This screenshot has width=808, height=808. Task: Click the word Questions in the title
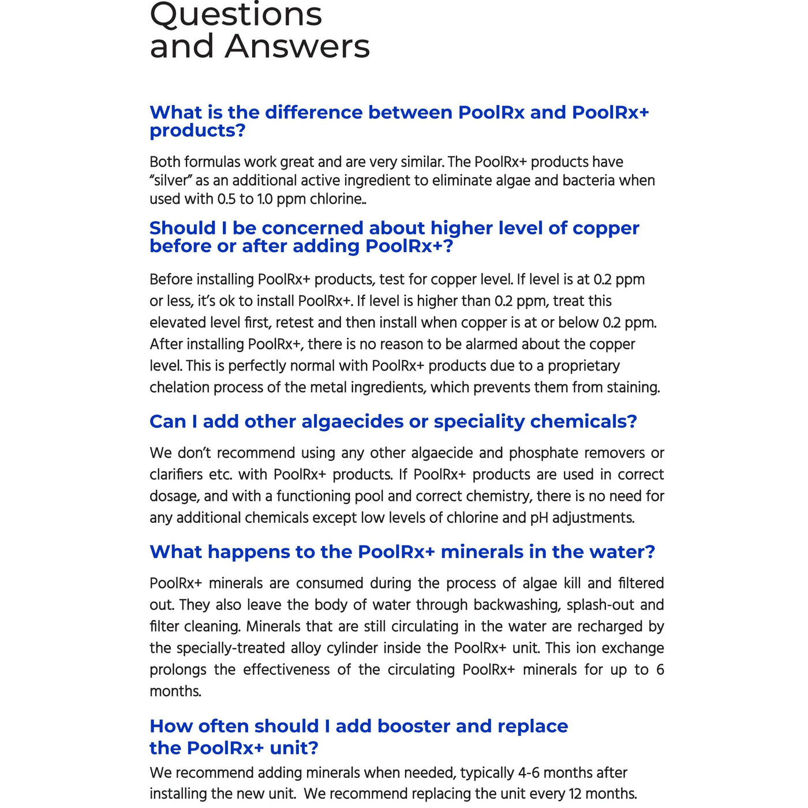pos(235,15)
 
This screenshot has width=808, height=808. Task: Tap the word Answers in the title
pos(297,47)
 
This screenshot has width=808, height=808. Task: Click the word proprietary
pos(583,366)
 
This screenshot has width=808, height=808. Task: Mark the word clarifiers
pos(177,474)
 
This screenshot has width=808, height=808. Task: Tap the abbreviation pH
pos(539,518)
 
